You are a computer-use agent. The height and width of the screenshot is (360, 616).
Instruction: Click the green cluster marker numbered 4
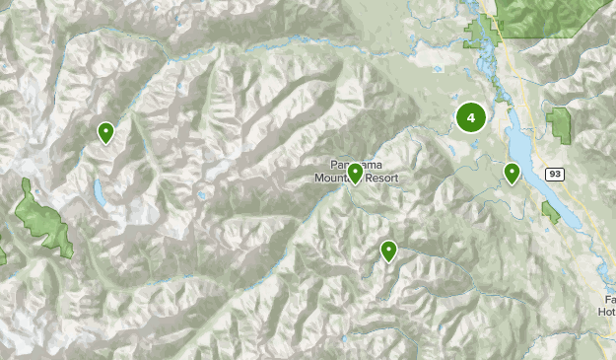tap(471, 118)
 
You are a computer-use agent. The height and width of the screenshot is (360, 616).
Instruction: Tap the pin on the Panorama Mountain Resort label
tap(355, 174)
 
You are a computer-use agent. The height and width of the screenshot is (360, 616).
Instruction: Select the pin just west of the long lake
tap(512, 173)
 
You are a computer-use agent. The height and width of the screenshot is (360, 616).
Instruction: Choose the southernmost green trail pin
tap(389, 251)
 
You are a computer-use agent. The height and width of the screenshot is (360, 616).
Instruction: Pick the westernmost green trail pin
tap(105, 131)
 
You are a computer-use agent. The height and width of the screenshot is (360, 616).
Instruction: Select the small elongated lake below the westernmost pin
tap(99, 192)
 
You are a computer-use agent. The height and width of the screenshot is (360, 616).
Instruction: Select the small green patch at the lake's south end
tap(549, 211)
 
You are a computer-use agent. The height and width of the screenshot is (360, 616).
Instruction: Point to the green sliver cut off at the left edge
tap(2, 254)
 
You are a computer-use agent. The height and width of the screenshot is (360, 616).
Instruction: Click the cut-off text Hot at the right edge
tap(605, 311)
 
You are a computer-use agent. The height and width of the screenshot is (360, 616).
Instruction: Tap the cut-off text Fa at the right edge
tap(609, 298)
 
